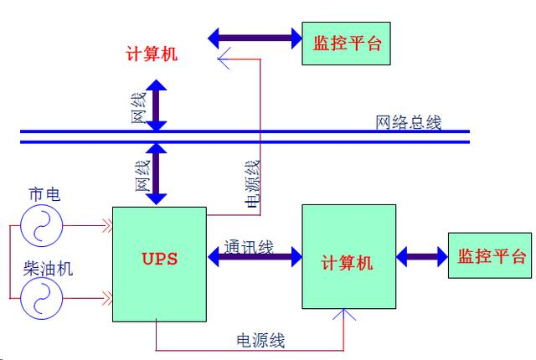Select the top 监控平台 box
(x=346, y=42)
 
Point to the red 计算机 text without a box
(x=152, y=53)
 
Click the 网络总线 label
(x=408, y=123)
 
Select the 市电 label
(x=44, y=194)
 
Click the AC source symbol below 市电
(x=44, y=225)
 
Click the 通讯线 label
(x=249, y=247)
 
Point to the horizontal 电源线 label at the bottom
(x=261, y=340)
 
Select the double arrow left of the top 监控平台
(x=255, y=37)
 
